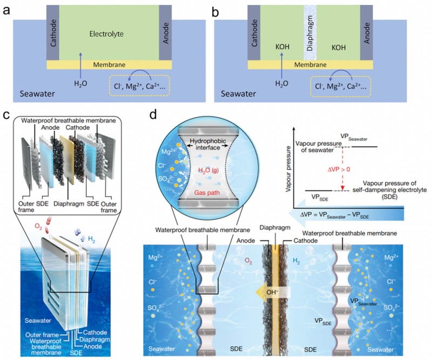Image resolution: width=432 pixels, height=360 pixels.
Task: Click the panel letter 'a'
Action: [6, 11]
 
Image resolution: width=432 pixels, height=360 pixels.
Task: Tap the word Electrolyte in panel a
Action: [106, 34]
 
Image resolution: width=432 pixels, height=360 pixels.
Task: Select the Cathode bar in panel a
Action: [53, 32]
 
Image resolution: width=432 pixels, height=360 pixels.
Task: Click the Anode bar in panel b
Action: [367, 32]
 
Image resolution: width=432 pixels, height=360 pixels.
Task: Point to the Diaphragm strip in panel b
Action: [310, 32]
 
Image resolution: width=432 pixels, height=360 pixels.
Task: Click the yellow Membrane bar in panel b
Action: [310, 65]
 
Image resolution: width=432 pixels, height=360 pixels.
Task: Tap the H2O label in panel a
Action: [80, 84]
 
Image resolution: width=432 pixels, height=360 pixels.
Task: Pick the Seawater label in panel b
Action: [238, 94]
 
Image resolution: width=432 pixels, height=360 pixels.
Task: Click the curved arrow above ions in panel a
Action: [139, 72]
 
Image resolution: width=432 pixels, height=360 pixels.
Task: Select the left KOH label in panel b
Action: [282, 47]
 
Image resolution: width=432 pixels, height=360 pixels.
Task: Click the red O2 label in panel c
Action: [38, 227]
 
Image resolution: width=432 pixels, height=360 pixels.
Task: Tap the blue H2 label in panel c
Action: [91, 239]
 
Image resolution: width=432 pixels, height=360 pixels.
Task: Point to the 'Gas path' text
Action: [207, 193]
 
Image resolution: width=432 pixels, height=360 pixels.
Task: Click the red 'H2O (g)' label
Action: [208, 171]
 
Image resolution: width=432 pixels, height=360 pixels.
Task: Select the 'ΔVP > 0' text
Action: [339, 169]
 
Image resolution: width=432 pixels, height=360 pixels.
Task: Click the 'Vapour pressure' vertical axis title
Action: [288, 169]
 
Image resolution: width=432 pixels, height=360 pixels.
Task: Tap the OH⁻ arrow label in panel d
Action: [272, 292]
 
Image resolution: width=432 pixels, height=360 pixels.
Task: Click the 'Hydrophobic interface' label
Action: [208, 144]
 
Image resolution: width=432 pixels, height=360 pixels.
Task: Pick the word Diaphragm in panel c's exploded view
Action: [69, 204]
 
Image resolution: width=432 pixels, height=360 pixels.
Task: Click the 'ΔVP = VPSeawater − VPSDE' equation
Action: [334, 215]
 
